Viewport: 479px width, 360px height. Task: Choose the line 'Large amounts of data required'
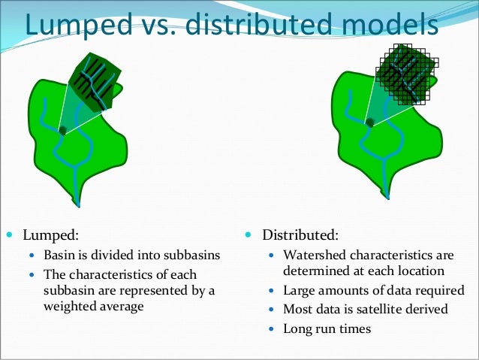[x=373, y=290]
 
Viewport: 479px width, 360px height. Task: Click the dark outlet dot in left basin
[x=63, y=131]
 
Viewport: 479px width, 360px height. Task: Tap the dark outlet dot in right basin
[x=370, y=123]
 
